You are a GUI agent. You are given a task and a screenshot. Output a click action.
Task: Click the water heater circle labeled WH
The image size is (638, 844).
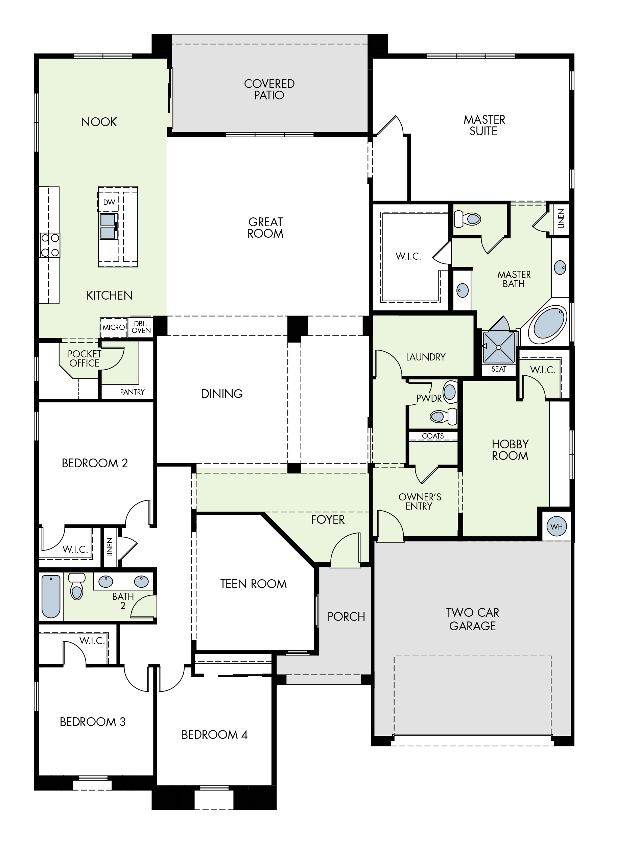(x=556, y=526)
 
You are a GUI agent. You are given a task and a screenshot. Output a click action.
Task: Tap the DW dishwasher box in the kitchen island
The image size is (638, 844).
(x=109, y=202)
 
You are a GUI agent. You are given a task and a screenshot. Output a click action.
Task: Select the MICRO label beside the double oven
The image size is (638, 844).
(x=114, y=327)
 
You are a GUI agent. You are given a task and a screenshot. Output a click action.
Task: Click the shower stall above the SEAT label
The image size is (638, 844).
(x=499, y=347)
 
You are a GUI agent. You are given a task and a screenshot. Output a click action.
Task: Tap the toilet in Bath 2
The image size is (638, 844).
(x=77, y=586)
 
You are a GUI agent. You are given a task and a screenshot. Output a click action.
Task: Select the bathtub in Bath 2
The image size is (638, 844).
(x=51, y=596)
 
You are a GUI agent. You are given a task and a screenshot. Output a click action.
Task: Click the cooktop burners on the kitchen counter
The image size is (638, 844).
(x=50, y=245)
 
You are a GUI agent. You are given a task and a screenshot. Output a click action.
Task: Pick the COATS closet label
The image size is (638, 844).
(x=433, y=436)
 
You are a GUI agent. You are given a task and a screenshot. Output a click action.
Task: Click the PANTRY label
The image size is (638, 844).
(x=132, y=392)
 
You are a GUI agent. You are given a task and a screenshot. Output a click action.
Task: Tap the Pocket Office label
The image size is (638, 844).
(x=84, y=358)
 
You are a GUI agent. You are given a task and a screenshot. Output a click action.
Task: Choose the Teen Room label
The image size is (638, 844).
(x=253, y=584)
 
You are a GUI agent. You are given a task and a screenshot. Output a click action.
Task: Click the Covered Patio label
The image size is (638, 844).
(x=269, y=89)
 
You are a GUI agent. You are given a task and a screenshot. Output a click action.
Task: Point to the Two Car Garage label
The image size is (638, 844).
(x=473, y=619)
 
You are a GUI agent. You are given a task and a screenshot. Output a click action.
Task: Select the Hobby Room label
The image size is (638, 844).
(x=510, y=449)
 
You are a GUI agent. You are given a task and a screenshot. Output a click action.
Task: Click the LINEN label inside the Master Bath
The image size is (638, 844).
(x=561, y=219)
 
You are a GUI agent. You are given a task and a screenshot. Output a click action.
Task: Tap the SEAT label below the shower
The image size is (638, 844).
(x=499, y=369)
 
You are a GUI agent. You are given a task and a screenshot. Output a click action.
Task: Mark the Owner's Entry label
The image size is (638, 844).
(x=420, y=501)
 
